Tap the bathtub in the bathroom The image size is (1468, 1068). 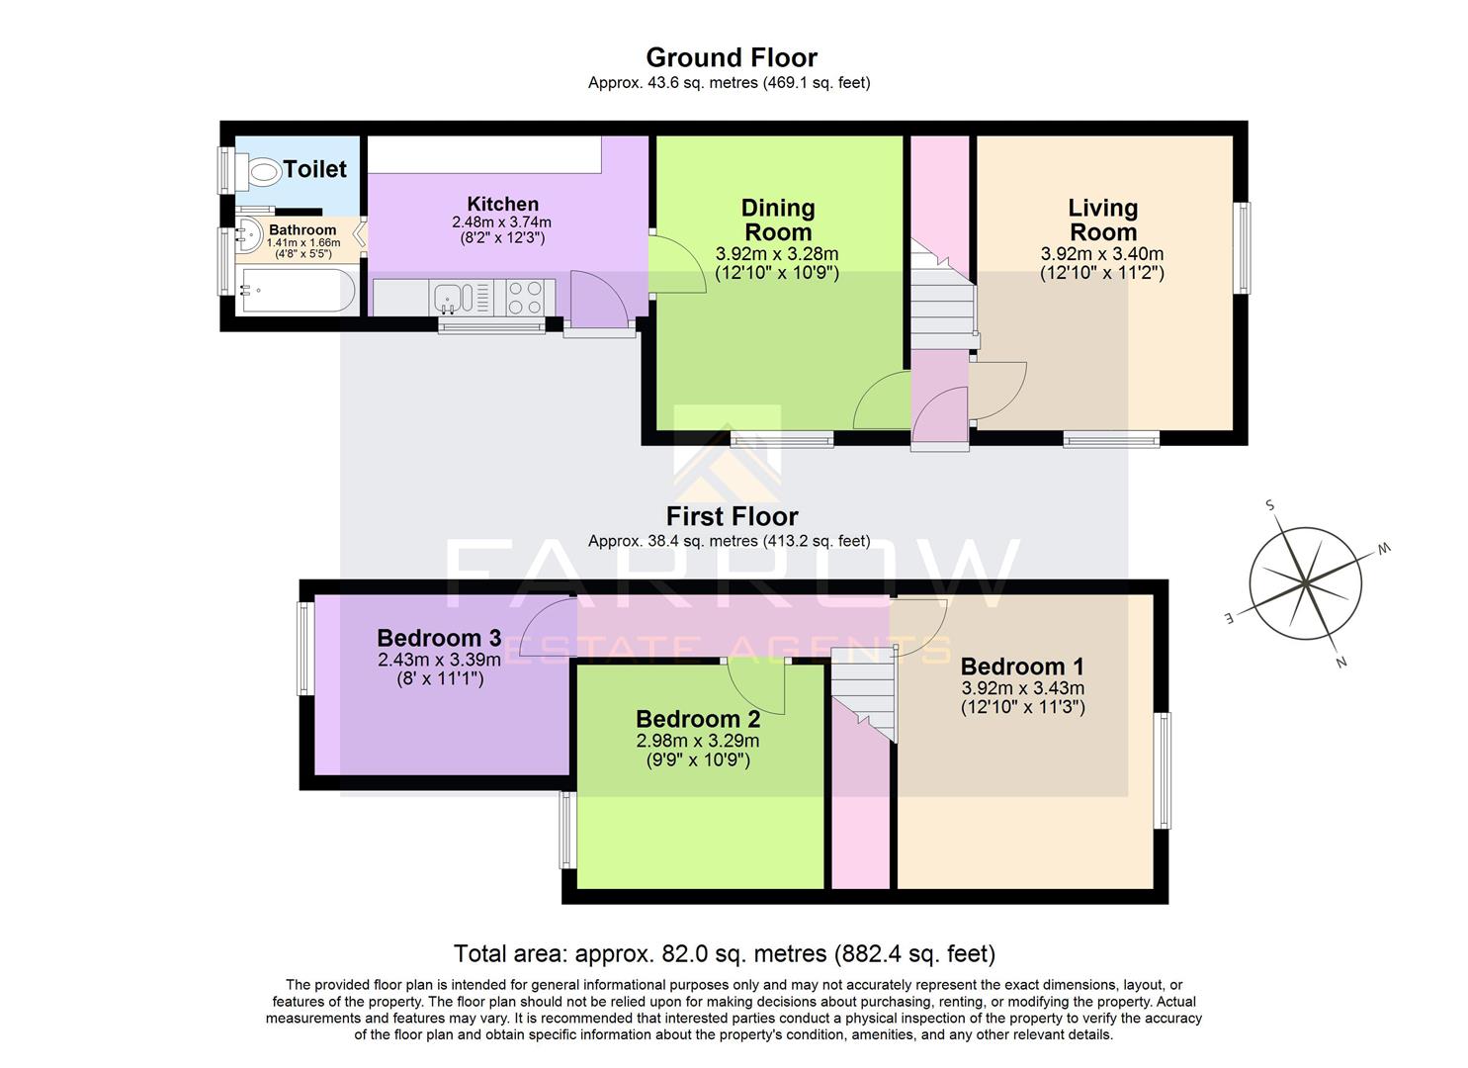pyautogui.click(x=298, y=290)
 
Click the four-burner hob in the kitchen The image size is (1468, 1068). pyautogui.click(x=524, y=298)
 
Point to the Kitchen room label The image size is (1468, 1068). pyautogui.click(x=502, y=205)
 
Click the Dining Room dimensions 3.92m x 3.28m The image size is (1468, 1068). pyautogui.click(x=777, y=254)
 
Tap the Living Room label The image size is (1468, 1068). pyautogui.click(x=1102, y=220)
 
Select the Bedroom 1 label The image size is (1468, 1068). pyautogui.click(x=1022, y=666)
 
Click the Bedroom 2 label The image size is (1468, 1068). pyautogui.click(x=698, y=719)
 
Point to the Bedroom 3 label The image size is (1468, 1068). pyautogui.click(x=439, y=638)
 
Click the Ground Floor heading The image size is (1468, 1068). pyautogui.click(x=732, y=57)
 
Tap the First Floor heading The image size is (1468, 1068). pyautogui.click(x=732, y=516)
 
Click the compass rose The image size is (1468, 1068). pyautogui.click(x=1305, y=583)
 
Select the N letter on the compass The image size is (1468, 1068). pyautogui.click(x=1341, y=663)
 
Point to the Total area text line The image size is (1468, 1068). pyautogui.click(x=724, y=953)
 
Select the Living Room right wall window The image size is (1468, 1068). pyautogui.click(x=1243, y=247)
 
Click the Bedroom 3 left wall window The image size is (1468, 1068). pyautogui.click(x=305, y=649)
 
